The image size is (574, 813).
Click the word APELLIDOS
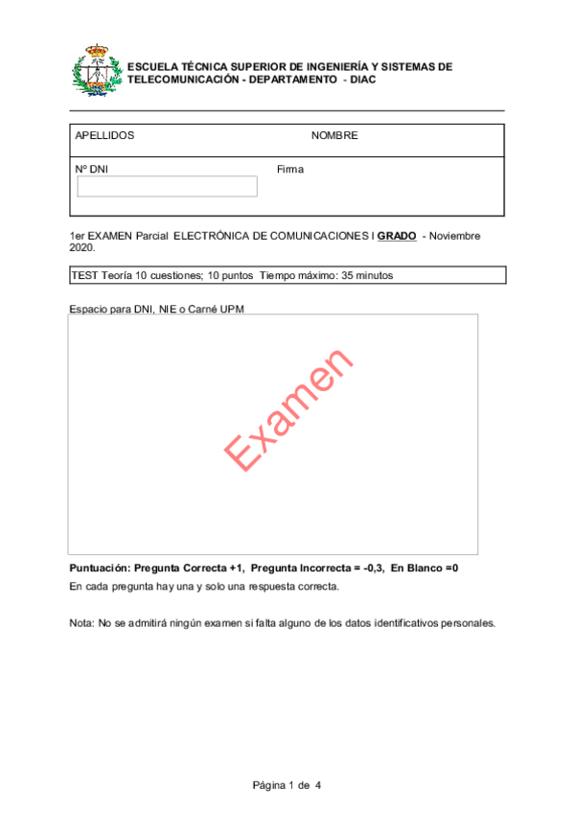(104, 135)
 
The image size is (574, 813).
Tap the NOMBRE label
(334, 135)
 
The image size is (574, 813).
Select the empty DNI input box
(167, 186)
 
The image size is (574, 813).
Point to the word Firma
(290, 169)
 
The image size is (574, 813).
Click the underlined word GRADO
(397, 236)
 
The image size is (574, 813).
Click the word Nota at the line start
(82, 622)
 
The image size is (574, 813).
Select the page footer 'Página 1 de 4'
(287, 786)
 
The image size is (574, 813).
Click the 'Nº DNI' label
(92, 169)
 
